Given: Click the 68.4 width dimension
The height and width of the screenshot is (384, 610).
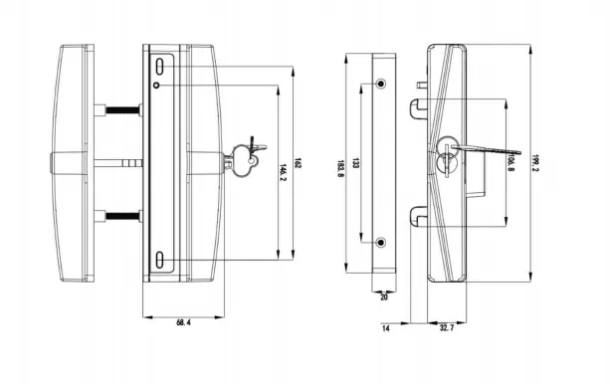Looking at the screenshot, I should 182,323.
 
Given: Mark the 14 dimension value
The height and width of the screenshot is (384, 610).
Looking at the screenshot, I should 385,325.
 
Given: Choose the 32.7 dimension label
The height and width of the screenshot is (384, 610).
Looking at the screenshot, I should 447,325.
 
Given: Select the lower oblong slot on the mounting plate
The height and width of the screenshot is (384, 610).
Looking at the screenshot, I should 160,261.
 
